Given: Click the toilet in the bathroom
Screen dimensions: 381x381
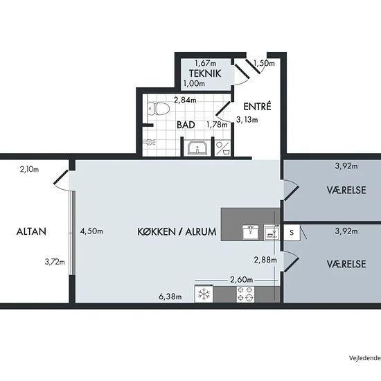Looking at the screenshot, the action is [158, 109].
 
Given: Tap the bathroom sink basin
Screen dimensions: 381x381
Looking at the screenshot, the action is [197, 148].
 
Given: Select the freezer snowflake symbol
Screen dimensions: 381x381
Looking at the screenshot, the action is [204, 294].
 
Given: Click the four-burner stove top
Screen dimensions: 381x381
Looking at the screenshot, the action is [245, 294].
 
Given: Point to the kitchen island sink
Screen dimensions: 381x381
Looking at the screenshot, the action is [251, 232].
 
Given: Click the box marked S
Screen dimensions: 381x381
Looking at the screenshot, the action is [292, 233].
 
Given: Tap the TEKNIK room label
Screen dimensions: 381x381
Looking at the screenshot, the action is [205, 73].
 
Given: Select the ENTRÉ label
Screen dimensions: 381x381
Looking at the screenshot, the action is [257, 107].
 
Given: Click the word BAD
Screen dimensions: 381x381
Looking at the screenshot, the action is [186, 125].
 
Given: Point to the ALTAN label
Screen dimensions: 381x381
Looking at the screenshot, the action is [31, 231].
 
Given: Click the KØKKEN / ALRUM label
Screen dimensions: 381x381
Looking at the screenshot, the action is [177, 232].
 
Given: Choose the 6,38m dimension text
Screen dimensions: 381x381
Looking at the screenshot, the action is [170, 296].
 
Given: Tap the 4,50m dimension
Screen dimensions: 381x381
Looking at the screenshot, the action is [91, 231].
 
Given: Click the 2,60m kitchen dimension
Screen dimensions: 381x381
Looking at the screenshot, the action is [242, 280].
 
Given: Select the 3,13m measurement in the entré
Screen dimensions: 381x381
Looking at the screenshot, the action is [247, 120].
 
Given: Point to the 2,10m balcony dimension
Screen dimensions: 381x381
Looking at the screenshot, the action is [29, 169].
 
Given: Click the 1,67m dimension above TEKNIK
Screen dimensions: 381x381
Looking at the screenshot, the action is [206, 63].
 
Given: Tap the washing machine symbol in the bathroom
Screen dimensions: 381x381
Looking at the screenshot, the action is [223, 148].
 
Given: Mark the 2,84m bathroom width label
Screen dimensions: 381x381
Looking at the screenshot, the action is [185, 100].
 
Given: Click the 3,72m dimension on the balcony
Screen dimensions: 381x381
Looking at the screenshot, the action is [55, 262].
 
